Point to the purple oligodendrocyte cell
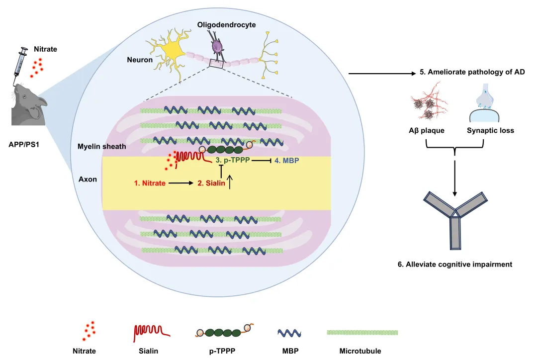217,47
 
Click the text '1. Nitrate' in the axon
150,183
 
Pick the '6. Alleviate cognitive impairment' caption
454,265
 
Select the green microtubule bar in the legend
362,332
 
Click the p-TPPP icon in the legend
222,332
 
